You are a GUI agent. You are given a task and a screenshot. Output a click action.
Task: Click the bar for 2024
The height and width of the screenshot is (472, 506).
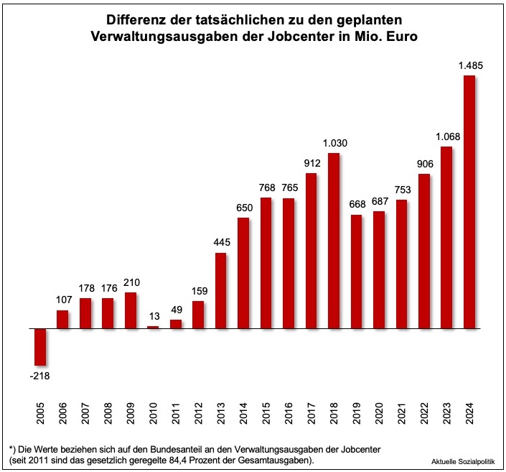tap(469, 202)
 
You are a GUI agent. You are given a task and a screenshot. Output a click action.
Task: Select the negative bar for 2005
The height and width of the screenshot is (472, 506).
tap(40, 347)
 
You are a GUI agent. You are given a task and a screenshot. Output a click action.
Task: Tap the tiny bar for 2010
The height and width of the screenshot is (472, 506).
tap(153, 327)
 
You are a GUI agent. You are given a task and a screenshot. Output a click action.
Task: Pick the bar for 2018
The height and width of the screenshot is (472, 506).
tap(334, 241)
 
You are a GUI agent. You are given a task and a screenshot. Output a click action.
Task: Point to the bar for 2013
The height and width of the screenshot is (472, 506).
tap(221, 290)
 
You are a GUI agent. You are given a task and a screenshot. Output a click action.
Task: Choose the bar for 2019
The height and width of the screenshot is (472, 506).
tap(357, 272)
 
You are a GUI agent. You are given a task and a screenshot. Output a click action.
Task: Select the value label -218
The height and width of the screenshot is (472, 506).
tap(40, 375)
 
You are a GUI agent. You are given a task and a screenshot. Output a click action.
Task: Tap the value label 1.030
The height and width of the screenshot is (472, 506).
tap(335, 143)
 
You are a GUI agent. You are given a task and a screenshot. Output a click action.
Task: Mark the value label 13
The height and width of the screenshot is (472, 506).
tap(153, 317)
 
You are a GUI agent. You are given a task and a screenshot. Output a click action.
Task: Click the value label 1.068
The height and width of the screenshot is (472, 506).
tap(448, 136)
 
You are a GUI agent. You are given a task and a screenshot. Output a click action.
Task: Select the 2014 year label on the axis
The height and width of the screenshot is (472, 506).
tap(243, 417)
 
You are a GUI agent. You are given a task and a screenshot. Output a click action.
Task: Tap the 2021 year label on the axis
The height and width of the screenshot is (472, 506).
tap(401, 417)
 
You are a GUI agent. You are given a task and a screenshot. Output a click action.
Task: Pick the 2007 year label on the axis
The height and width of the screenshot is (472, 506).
tap(85, 417)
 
